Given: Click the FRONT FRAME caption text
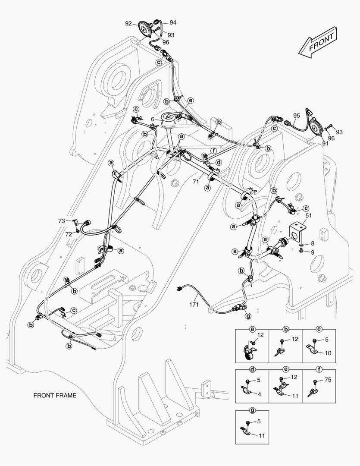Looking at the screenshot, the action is tap(55, 396).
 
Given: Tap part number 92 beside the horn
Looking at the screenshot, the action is tap(128, 23).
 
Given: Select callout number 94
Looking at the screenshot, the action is tap(173, 22).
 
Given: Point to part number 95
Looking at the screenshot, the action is tap(297, 116).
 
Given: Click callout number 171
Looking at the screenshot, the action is tap(194, 304).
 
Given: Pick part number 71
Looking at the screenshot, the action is tap(196, 181).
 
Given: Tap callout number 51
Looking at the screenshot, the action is tap(309, 215).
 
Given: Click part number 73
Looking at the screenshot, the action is tap(62, 221).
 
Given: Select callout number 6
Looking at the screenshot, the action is tap(152, 120).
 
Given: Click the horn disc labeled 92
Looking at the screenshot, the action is tap(145, 29).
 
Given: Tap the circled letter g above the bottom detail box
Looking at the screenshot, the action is tap(252, 410).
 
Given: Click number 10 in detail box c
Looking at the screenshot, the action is tap(328, 353).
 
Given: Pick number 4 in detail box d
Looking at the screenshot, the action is tap(259, 394).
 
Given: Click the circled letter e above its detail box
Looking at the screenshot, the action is tap(286, 369).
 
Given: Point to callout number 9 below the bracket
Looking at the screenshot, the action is tap(313, 252).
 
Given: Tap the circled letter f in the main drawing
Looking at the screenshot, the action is tap(213, 151).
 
